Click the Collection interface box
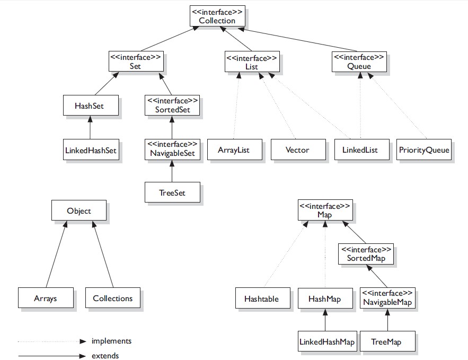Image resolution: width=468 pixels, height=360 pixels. (x=217, y=16)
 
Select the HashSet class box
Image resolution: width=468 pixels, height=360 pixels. (x=90, y=106)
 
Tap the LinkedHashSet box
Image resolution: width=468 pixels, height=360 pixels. (x=90, y=150)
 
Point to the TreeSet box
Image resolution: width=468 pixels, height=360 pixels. (x=172, y=192)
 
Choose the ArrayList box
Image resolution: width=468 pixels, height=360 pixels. (x=233, y=150)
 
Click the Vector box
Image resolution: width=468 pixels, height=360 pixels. (x=297, y=150)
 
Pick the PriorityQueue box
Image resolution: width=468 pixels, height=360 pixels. (x=424, y=150)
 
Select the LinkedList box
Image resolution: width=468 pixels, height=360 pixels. (x=360, y=150)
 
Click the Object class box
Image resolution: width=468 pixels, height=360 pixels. (x=79, y=210)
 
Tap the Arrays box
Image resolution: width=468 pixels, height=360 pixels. (x=45, y=298)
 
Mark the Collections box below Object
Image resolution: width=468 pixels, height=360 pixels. (x=112, y=298)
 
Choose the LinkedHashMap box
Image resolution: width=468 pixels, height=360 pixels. (x=326, y=342)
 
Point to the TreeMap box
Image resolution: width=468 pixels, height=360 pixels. (x=387, y=342)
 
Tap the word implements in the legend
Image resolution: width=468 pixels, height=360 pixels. (x=111, y=341)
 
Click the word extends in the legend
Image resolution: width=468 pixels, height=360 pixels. (x=105, y=356)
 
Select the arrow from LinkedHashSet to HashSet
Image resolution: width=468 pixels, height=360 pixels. (x=90, y=128)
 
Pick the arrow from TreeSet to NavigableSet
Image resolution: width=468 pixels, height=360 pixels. (x=172, y=171)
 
